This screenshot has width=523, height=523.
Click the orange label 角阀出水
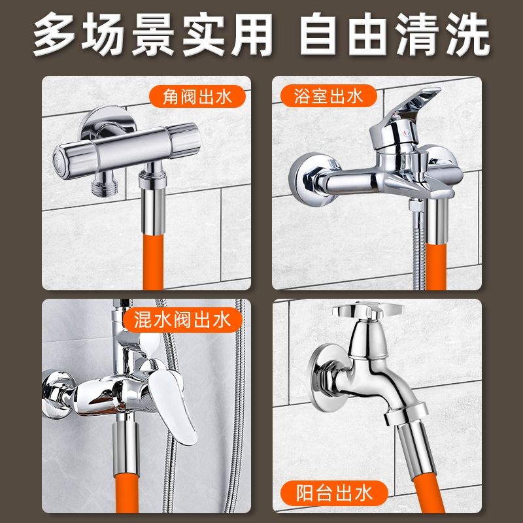197,97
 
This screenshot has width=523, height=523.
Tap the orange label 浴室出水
329,96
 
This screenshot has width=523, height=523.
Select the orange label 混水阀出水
182,320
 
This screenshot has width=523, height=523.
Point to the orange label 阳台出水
334,493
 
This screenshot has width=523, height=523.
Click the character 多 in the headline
54,34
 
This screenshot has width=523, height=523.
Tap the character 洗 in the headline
468,34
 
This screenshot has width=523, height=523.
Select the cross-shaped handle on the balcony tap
368,311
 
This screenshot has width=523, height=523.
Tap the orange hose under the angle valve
153,262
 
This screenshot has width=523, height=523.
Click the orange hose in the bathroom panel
435,266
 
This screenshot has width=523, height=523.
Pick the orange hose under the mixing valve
127,492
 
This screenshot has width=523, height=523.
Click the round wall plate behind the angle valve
106,121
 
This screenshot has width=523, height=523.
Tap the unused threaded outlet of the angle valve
104,184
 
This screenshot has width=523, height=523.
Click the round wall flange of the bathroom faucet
309,180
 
